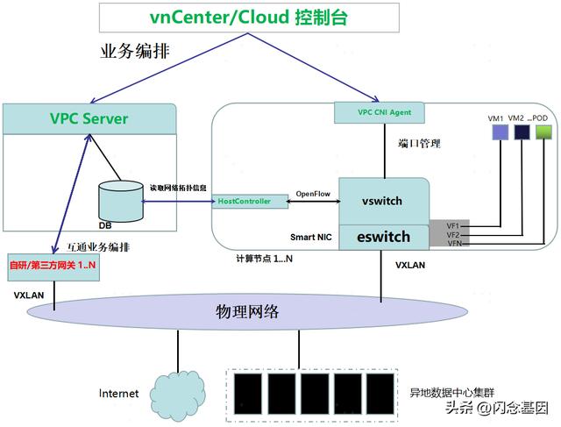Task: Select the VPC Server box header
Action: coord(89,118)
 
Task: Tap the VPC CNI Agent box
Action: coord(379,112)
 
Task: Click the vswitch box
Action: coord(382,201)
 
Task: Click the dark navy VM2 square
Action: coord(522,132)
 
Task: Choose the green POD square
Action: coord(545,132)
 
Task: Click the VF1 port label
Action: coord(452,226)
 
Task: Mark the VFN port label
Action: coord(452,243)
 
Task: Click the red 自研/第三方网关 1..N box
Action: coord(53,266)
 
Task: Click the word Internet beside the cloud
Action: coord(118,394)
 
